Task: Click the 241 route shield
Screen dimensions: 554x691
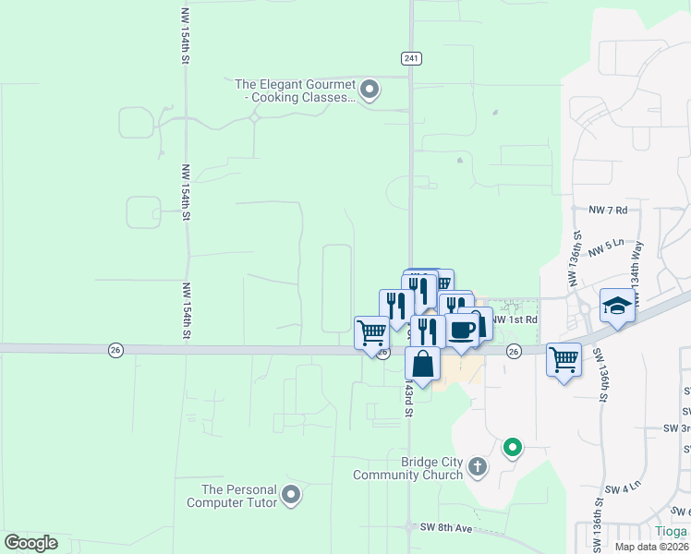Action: pyautogui.click(x=411, y=58)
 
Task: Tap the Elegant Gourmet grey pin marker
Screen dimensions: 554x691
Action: pyautogui.click(x=370, y=90)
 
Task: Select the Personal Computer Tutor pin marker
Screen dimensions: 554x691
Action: pyautogui.click(x=292, y=496)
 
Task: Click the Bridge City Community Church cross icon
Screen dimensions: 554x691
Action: pyautogui.click(x=477, y=467)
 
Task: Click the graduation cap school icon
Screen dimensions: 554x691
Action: pyautogui.click(x=617, y=305)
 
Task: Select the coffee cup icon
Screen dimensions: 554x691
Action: pyautogui.click(x=462, y=331)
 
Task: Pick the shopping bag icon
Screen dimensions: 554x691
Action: pyautogui.click(x=422, y=364)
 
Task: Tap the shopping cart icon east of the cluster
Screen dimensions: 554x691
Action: pyautogui.click(x=564, y=358)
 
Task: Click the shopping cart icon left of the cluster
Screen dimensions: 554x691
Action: pyautogui.click(x=372, y=331)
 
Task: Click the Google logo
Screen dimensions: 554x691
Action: pyautogui.click(x=30, y=543)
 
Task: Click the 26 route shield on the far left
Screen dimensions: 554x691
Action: pyautogui.click(x=115, y=349)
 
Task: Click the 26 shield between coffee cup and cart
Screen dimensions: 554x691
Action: pyautogui.click(x=514, y=351)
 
